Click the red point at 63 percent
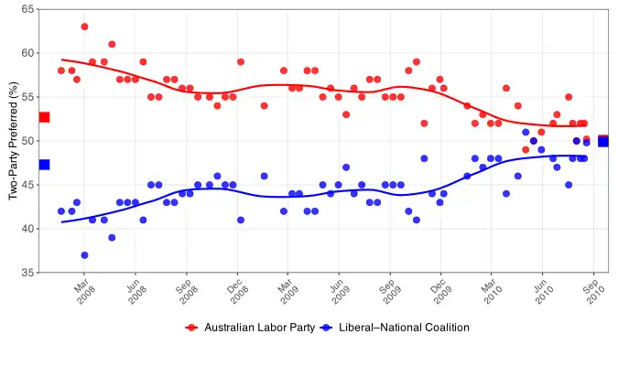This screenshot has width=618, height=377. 84,27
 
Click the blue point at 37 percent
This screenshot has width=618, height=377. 84,255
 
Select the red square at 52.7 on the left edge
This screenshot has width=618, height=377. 44,117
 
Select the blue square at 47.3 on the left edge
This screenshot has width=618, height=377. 44,165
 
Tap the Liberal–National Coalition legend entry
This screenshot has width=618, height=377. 393,327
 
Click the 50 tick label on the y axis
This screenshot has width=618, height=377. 28,141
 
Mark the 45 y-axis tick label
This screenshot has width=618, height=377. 28,185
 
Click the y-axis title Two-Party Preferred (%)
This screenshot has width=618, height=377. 13,141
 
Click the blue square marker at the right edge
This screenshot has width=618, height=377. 602,141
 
